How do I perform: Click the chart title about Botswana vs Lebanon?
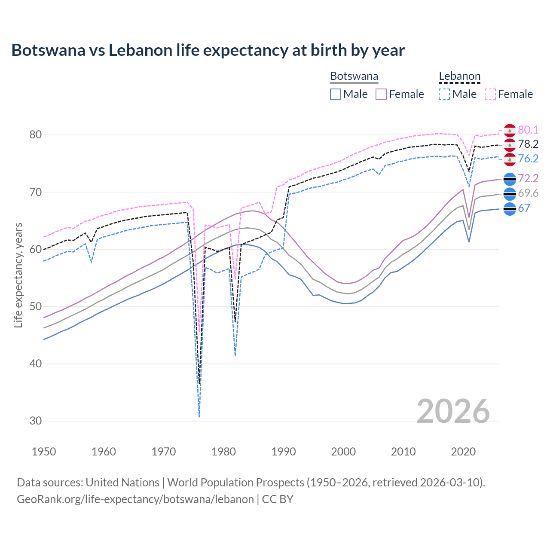(208, 50)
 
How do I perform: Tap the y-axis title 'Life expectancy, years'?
(18, 275)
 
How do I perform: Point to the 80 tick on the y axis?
(36, 134)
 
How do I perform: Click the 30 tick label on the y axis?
(36, 421)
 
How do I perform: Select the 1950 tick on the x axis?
(44, 452)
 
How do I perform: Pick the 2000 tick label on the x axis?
(343, 452)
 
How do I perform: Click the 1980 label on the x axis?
(224, 452)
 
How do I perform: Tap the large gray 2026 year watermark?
(453, 411)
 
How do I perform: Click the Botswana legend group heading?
(354, 76)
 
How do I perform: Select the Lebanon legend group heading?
(459, 76)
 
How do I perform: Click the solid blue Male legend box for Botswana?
(336, 94)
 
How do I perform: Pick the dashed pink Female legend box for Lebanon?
(490, 94)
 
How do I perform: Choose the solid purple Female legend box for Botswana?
(381, 94)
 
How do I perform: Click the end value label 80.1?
(528, 130)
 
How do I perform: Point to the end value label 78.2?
(528, 144)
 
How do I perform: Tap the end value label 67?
(524, 208)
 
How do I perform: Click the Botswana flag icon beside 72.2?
(510, 179)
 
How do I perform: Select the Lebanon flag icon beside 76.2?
(510, 159)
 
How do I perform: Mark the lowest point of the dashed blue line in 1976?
(199, 417)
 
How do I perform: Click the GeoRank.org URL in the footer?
(135, 499)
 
